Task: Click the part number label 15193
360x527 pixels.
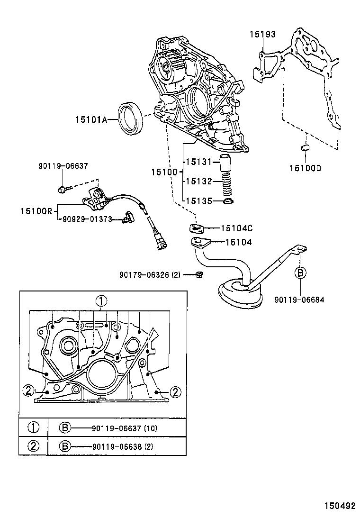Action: pyautogui.click(x=263, y=34)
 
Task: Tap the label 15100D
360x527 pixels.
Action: pyautogui.click(x=306, y=167)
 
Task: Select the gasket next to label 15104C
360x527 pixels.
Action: pyautogui.click(x=197, y=228)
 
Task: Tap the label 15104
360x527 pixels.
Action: pyautogui.click(x=238, y=242)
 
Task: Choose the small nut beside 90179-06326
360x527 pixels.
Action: pyautogui.click(x=199, y=274)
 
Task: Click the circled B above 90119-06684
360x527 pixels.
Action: pyautogui.click(x=300, y=273)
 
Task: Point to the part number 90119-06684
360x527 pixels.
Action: pyautogui.click(x=299, y=299)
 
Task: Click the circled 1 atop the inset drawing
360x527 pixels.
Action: pyautogui.click(x=101, y=300)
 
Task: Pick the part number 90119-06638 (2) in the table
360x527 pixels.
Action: pyautogui.click(x=123, y=446)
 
